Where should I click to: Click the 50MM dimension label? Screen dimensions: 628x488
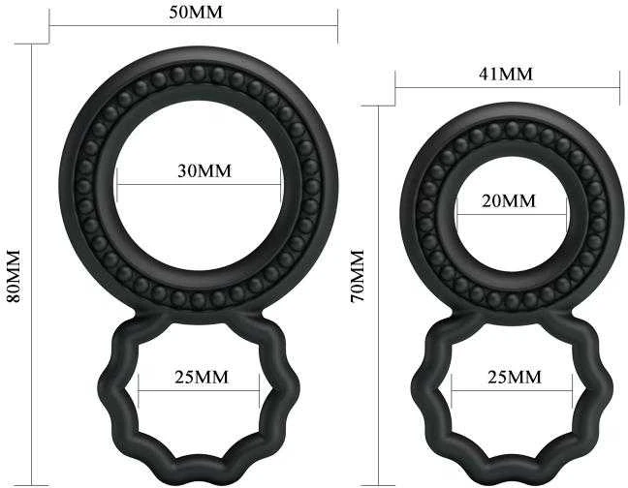[196, 13]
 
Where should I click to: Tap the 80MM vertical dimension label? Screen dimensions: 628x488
[14, 276]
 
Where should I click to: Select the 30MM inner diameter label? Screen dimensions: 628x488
[204, 170]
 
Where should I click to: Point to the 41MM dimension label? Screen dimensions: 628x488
[506, 74]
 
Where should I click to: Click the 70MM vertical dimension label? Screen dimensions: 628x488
[358, 276]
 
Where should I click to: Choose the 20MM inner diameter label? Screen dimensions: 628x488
[509, 200]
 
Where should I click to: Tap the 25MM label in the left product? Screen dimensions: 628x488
[202, 377]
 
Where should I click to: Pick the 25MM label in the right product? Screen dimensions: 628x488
[515, 377]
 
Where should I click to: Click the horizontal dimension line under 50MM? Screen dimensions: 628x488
[194, 26]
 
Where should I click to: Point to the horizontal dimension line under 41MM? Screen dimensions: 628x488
[508, 87]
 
